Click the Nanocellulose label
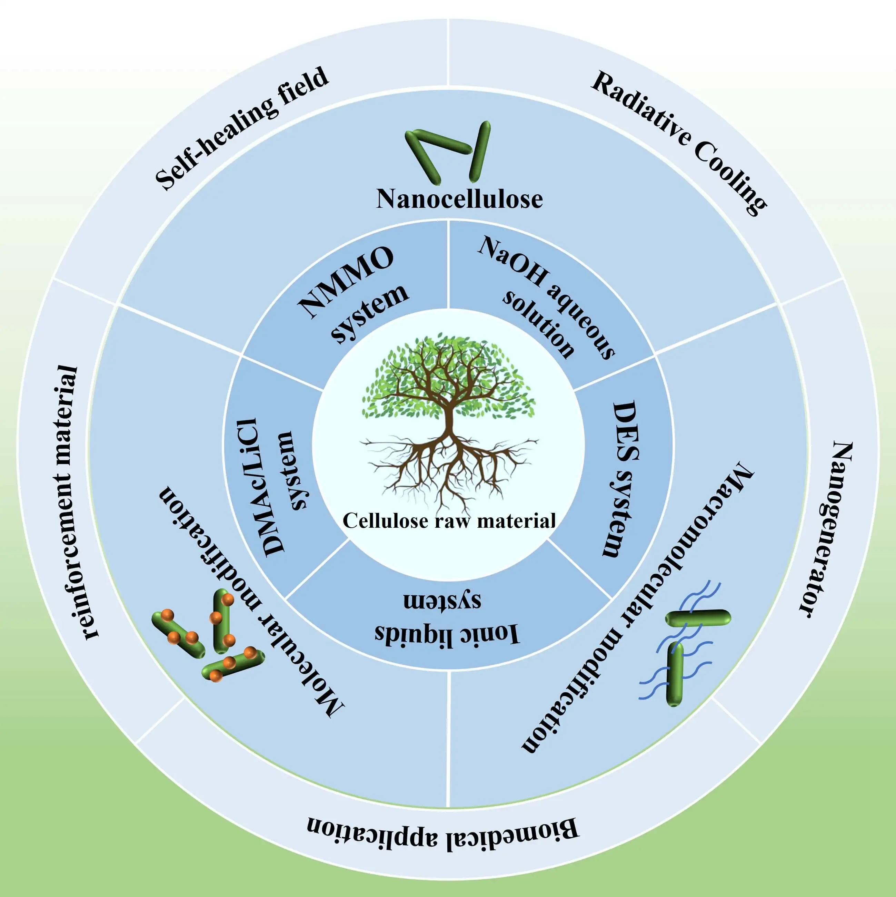pos(459,199)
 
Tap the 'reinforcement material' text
pos(72,502)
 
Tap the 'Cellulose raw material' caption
pos(449,520)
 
